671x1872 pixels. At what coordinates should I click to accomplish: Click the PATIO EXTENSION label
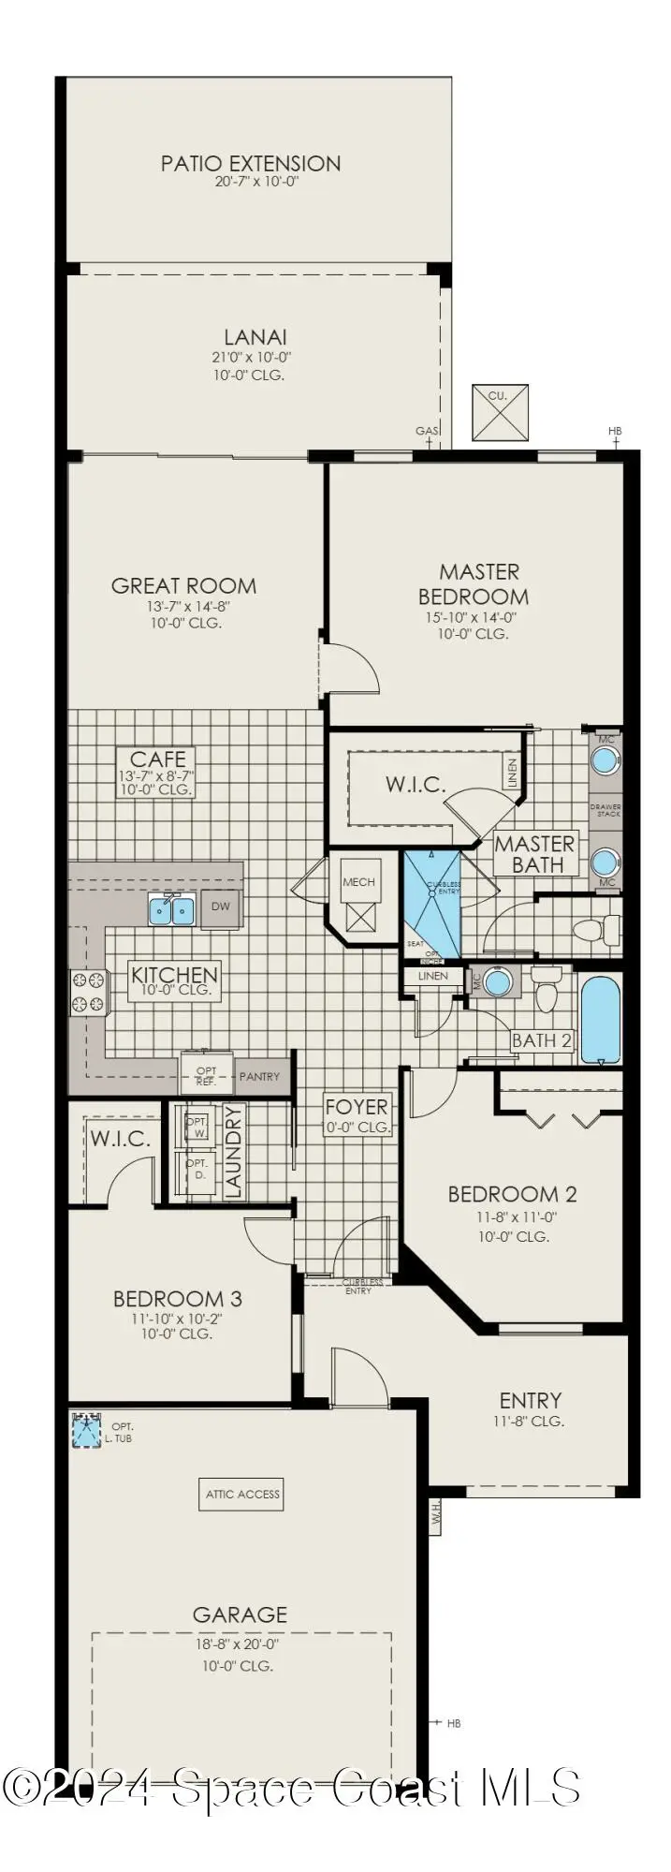[251, 164]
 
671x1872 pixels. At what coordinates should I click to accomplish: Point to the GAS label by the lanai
[428, 431]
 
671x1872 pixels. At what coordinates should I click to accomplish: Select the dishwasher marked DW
[221, 907]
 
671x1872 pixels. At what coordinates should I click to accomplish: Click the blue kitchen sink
[171, 909]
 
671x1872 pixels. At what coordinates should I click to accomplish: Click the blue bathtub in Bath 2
[600, 1020]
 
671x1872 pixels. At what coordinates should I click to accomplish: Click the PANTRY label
[259, 1076]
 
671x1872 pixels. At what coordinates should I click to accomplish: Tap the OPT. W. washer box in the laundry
[197, 1127]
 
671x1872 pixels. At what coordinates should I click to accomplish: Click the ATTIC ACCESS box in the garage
[242, 1495]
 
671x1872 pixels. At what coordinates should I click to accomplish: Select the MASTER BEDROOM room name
[474, 583]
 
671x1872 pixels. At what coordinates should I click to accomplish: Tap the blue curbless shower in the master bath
[431, 904]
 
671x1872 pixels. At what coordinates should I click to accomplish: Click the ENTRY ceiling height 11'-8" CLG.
[530, 1422]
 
